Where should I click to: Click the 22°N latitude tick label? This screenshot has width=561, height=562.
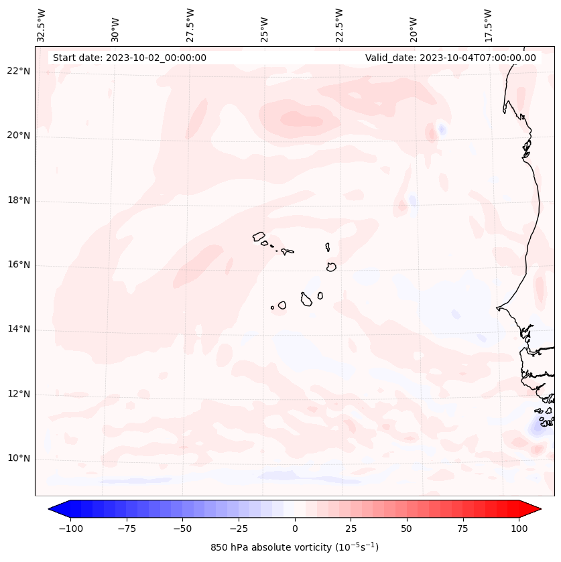tap(19, 72)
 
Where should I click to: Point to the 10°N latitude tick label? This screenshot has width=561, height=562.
tap(19, 459)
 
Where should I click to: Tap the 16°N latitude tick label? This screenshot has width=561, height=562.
tap(19, 265)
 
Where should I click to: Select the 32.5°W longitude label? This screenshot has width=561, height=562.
tap(42, 25)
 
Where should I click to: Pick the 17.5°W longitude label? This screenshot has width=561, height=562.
tap(488, 25)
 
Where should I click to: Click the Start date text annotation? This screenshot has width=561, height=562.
tap(129, 58)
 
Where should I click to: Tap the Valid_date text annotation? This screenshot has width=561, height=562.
tap(450, 58)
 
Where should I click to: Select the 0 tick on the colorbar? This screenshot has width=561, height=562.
tap(295, 529)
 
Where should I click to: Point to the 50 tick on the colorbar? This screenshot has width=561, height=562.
tap(407, 529)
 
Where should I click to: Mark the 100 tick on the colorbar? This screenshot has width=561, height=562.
tap(519, 529)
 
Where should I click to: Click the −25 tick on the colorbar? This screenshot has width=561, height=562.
tap(239, 529)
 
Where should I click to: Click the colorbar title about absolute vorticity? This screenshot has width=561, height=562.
tap(295, 547)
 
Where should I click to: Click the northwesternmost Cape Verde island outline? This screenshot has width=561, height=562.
tap(259, 236)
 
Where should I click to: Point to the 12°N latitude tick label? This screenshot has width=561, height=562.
tap(19, 395)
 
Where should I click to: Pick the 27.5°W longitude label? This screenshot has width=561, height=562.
tap(190, 25)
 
